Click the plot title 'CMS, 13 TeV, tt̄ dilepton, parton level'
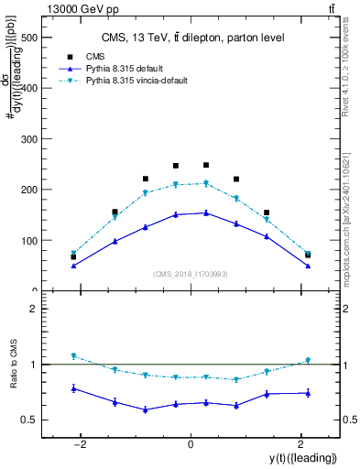click(191, 38)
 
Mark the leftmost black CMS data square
click(73, 256)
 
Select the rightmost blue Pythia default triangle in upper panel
click(308, 266)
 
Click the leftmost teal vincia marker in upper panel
click(73, 253)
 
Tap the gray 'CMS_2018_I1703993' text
click(191, 274)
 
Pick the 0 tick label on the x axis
click(191, 444)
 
